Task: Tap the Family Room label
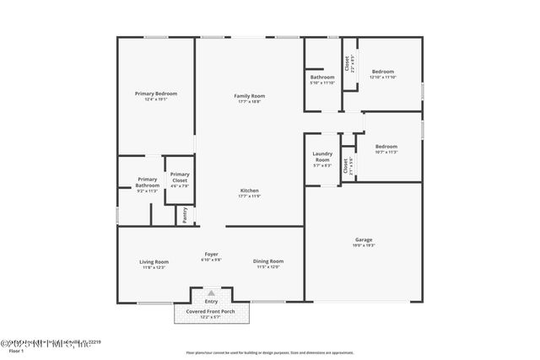pyautogui.click(x=249, y=95)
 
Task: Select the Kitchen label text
pyautogui.click(x=249, y=191)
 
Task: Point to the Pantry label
pyautogui.click(x=184, y=215)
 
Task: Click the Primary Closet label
pyautogui.click(x=179, y=176)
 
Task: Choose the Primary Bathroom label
pyautogui.click(x=148, y=181)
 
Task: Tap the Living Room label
pyautogui.click(x=154, y=261)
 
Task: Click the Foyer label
pyautogui.click(x=211, y=254)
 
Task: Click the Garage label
pyautogui.click(x=363, y=239)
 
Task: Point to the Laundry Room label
pyautogui.click(x=322, y=155)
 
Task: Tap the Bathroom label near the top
pyautogui.click(x=322, y=78)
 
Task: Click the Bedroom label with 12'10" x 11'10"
pyautogui.click(x=383, y=72)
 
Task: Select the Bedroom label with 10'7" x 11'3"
pyautogui.click(x=386, y=146)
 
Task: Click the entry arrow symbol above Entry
pyautogui.click(x=211, y=293)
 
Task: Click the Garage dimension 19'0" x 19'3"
pyautogui.click(x=363, y=245)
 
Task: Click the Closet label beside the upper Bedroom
pyautogui.click(x=347, y=64)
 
